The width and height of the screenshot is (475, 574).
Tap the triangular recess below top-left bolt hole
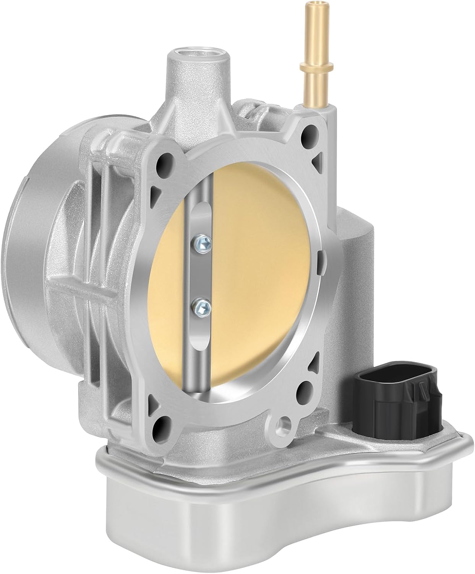156,190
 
